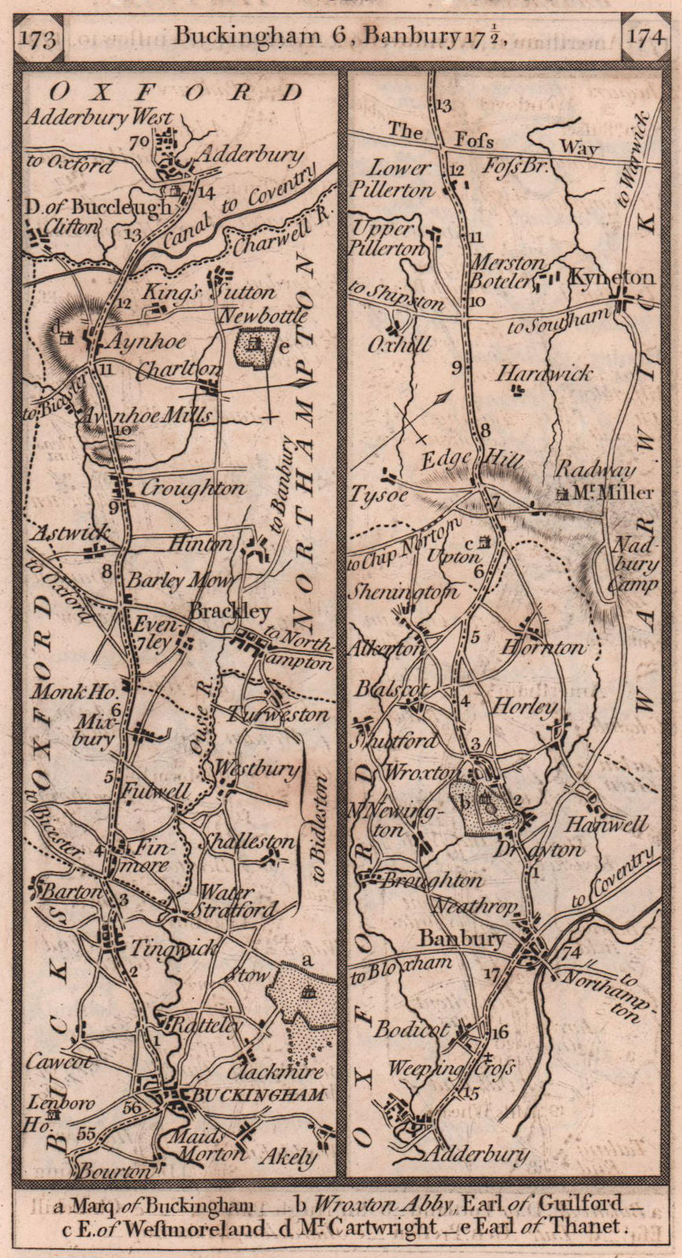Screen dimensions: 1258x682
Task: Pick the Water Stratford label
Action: click(237, 902)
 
